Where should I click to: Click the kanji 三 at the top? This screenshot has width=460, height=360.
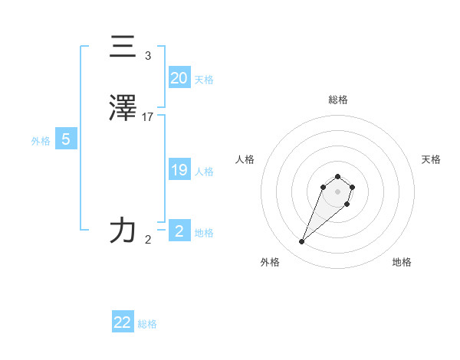[123, 47]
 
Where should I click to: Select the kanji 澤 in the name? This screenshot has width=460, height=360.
[123, 108]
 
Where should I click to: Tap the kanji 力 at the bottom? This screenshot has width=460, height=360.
[123, 230]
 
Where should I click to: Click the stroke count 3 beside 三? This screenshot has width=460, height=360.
[148, 56]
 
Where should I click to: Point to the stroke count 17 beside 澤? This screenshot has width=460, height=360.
[148, 117]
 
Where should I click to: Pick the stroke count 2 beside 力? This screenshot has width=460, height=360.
[148, 240]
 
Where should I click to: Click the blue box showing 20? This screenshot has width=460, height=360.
[179, 78]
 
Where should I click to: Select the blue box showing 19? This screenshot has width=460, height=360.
[179, 170]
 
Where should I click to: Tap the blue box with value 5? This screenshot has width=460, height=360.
[66, 139]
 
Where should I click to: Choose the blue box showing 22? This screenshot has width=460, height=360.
[123, 322]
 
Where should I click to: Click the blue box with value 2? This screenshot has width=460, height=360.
[179, 231]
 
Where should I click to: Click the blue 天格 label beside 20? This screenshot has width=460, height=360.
[204, 80]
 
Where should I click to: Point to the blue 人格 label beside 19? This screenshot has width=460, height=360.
[204, 172]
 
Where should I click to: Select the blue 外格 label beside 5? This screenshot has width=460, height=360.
[41, 141]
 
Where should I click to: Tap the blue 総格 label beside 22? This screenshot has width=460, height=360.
[147, 324]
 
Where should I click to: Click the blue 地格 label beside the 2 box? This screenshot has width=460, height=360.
[204, 233]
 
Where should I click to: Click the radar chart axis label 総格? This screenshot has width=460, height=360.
[337, 100]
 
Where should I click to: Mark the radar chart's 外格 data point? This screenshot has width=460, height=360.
[302, 242]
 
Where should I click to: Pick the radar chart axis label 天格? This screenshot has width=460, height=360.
[431, 159]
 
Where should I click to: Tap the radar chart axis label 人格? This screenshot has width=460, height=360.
[245, 159]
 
